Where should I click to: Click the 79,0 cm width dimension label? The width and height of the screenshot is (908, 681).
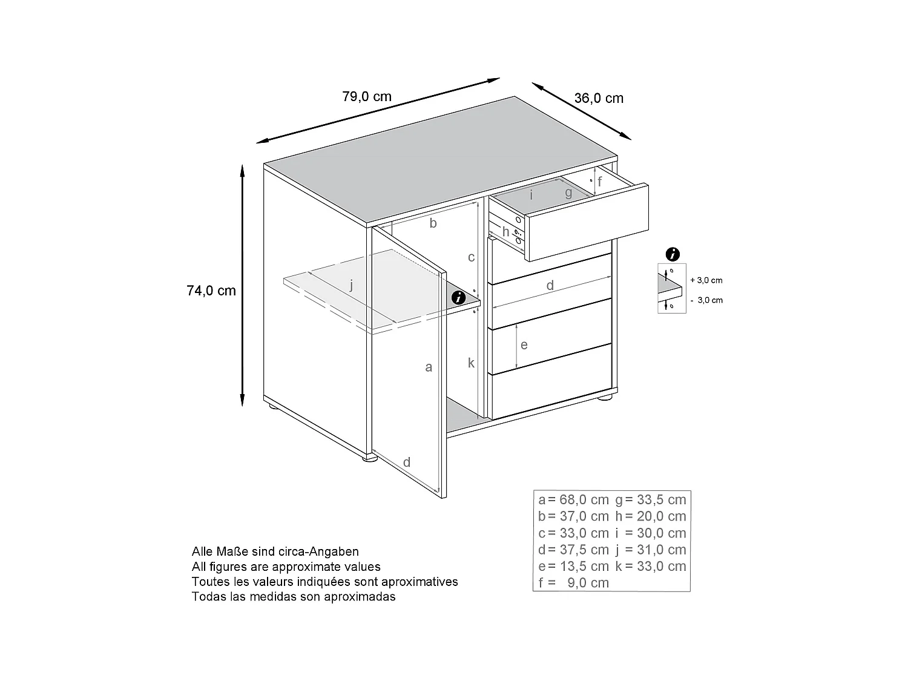pos(367,96)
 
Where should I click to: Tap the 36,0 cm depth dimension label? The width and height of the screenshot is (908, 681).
pos(599,98)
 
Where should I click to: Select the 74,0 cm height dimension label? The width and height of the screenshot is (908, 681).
pos(211,291)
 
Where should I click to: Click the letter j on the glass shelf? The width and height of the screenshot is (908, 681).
pos(351,286)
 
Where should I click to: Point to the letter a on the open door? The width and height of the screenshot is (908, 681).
pos(429,367)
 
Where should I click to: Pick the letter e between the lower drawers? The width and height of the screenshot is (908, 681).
pos(524,345)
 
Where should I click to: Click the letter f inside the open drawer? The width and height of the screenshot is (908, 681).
pos(600,181)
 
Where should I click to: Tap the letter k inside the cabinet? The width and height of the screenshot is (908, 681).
pos(471,363)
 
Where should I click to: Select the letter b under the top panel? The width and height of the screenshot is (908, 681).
pos(433,223)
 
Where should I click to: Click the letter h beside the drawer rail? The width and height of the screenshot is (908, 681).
pos(506,232)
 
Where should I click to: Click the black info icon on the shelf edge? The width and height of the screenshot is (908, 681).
pos(459,297)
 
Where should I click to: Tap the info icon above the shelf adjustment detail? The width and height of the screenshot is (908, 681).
pos(672,254)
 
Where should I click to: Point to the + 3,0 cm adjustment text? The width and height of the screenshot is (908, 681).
pos(706,280)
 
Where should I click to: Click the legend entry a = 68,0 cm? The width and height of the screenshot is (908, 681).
pos(573,500)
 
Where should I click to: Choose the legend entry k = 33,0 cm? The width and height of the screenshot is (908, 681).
pos(651,567)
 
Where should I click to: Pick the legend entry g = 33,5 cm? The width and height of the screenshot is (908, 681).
pos(651,500)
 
